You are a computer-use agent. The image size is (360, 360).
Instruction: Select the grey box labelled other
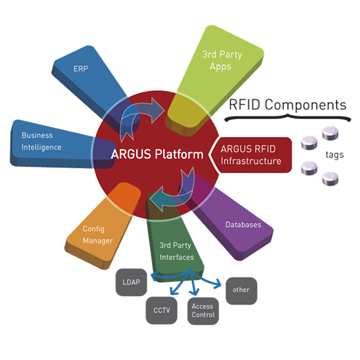tap(240, 289)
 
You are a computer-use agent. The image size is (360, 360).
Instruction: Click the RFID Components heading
tap(287, 103)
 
